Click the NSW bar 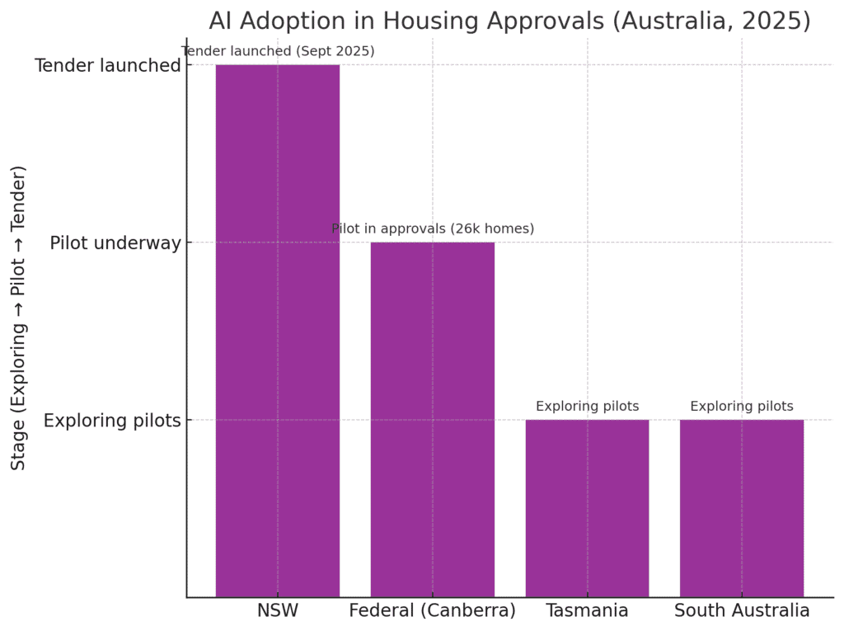278,330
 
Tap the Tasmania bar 587,508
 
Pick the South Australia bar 742,508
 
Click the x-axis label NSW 278,611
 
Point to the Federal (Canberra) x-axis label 432,611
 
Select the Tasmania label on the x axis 587,611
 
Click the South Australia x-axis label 742,611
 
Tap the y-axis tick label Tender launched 107,65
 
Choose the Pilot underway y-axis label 115,243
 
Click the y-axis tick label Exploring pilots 112,421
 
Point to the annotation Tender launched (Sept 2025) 279,51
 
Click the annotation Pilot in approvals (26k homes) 433,228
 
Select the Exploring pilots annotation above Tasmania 587,406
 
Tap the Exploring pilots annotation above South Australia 742,406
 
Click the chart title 509,21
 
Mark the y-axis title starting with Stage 19,318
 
